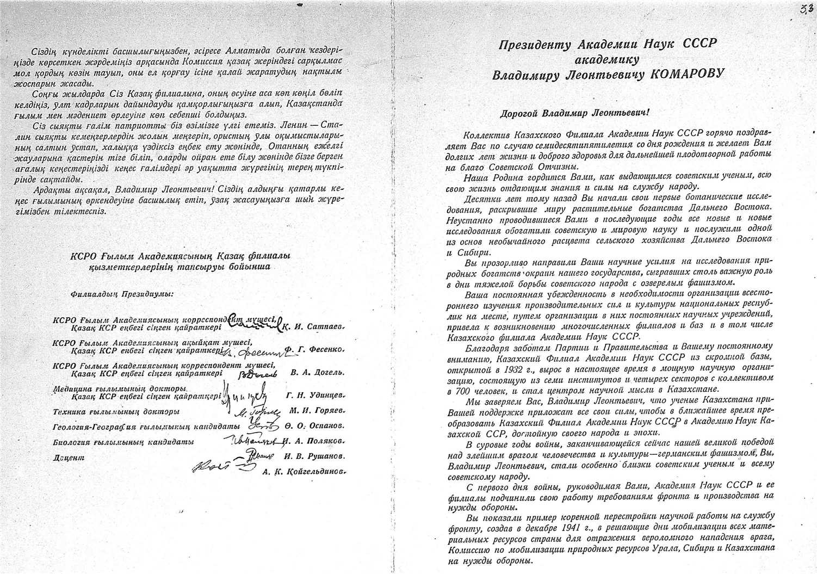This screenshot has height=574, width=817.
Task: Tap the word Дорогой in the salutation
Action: coord(521,114)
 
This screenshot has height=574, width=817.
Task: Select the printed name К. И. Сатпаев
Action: coord(315,327)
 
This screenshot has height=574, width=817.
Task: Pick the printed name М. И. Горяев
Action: coord(315,411)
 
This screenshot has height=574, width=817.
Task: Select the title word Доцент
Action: coord(69,458)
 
